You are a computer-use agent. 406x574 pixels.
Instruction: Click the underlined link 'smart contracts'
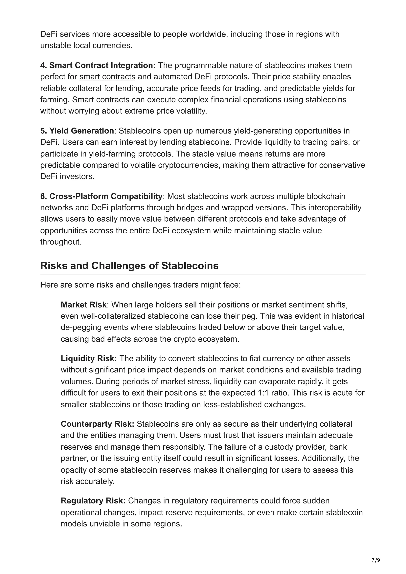pyautogui.click(x=107, y=77)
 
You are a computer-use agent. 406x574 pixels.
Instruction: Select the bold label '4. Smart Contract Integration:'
pyautogui.click(x=98, y=65)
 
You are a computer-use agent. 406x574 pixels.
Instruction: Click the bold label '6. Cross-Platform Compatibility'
pyautogui.click(x=101, y=196)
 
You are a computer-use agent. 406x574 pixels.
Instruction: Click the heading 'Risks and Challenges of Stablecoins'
pyautogui.click(x=129, y=265)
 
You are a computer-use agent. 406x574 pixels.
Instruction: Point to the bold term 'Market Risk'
pyautogui.click(x=83, y=305)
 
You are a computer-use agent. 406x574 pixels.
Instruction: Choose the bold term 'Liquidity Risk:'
pyautogui.click(x=89, y=359)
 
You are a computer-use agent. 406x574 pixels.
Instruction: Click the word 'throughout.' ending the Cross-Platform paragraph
pyautogui.click(x=61, y=242)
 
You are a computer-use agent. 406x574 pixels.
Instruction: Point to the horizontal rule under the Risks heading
pyautogui.click(x=203, y=275)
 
